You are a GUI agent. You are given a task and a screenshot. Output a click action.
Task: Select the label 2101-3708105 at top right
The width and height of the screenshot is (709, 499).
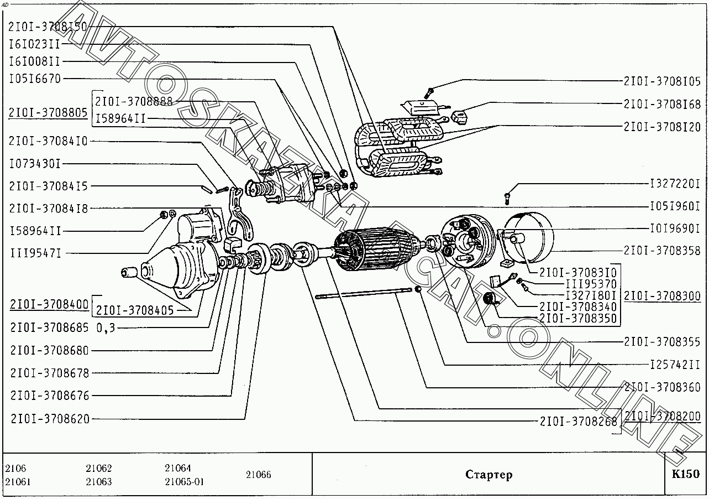[x=662, y=81]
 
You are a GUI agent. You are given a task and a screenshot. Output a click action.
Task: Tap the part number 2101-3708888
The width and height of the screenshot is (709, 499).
[x=134, y=101]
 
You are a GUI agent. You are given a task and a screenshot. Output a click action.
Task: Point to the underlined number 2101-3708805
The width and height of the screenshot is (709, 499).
[x=48, y=112]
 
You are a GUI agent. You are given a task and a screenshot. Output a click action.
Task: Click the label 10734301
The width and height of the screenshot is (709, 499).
[x=35, y=164]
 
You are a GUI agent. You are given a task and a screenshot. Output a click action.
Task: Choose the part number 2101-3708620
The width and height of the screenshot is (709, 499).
[x=50, y=419]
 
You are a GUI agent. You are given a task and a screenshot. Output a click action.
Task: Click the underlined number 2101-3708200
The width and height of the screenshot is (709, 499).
[x=662, y=416]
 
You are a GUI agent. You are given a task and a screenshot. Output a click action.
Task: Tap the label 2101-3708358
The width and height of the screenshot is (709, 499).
[x=662, y=251]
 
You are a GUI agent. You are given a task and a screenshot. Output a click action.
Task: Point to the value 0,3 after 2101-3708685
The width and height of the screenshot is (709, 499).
[x=106, y=328]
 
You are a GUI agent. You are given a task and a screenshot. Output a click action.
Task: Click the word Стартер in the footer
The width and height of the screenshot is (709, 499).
[x=489, y=475]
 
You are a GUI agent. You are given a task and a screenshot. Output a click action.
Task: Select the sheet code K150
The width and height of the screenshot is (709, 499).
[x=685, y=474]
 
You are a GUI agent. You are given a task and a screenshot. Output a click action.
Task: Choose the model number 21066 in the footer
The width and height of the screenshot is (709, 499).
[x=259, y=475]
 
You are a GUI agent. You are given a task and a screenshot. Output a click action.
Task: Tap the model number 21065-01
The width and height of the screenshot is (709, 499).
[x=185, y=482]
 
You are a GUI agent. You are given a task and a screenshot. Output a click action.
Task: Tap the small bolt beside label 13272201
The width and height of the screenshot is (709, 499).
[x=507, y=196]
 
